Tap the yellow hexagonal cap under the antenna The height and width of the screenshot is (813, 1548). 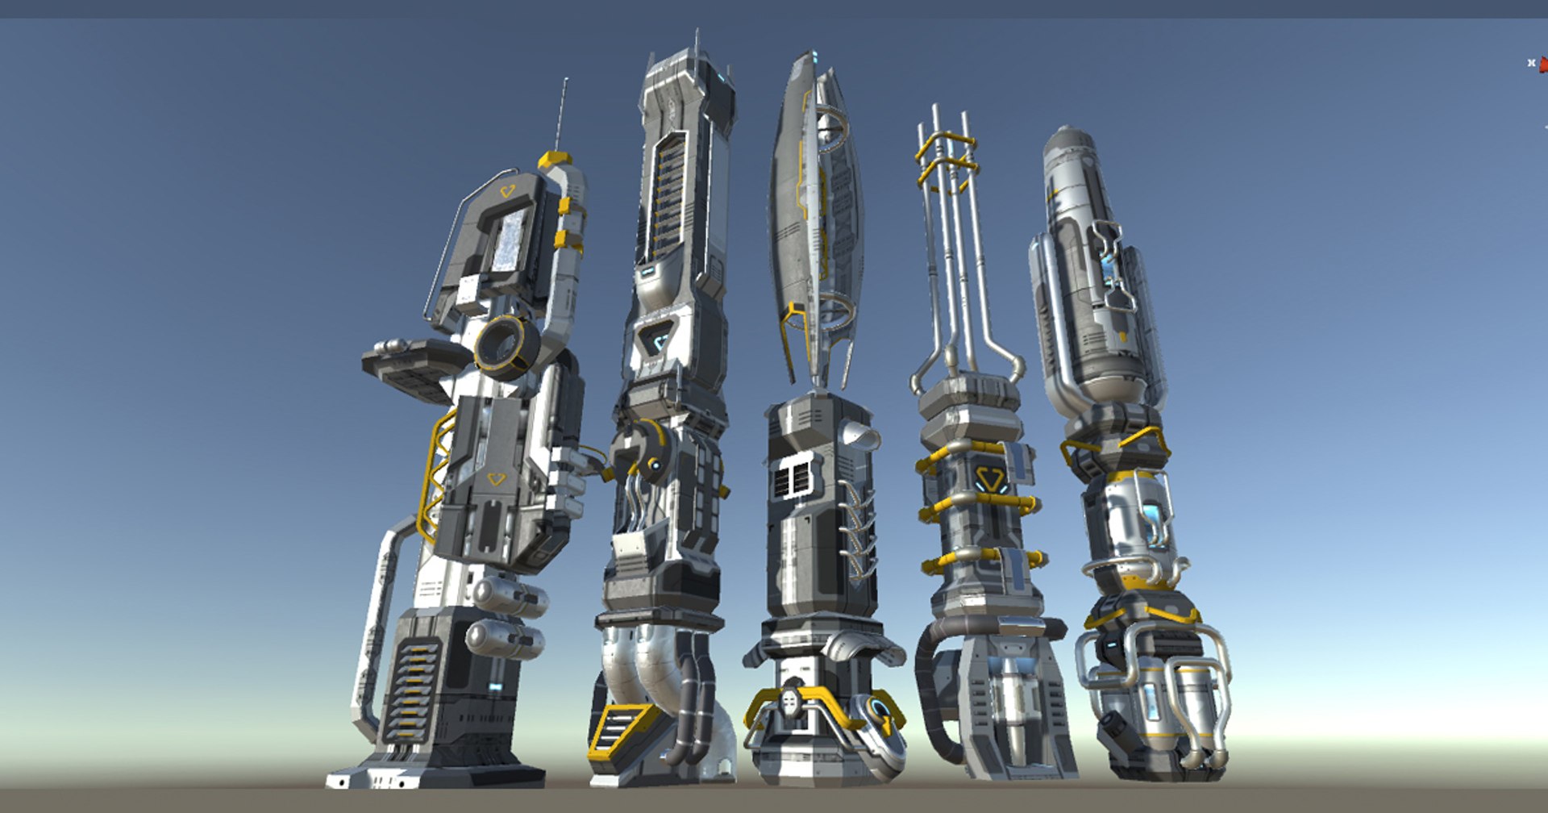pyautogui.click(x=555, y=160)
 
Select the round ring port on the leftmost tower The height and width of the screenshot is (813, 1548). pyautogui.click(x=506, y=346)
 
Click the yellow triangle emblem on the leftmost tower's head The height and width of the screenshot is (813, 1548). pyautogui.click(x=507, y=191)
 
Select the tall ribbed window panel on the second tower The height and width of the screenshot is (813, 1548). pyautogui.click(x=668, y=194)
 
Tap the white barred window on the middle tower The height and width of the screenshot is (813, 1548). pyautogui.click(x=793, y=479)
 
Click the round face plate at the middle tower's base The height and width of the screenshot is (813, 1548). pyautogui.click(x=791, y=703)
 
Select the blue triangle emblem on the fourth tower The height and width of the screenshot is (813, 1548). pyautogui.click(x=989, y=480)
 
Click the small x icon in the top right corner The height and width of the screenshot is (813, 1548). pyautogui.click(x=1531, y=63)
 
